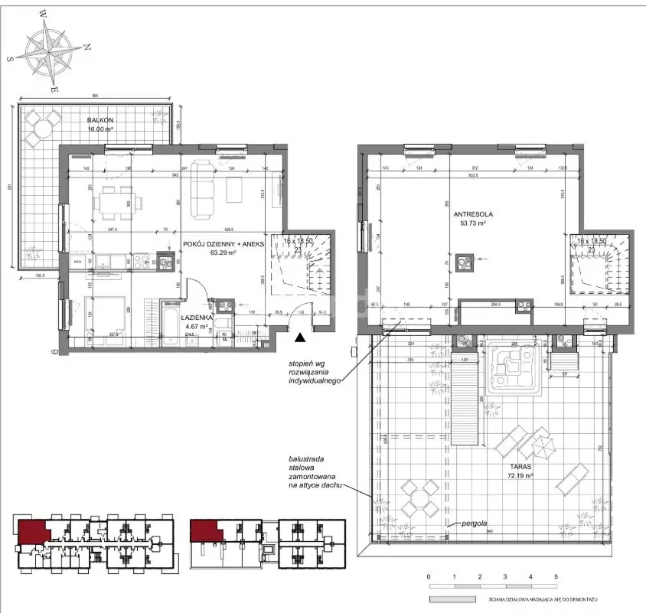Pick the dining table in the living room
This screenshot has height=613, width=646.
pos(119,202)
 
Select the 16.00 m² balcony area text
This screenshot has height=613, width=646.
pos(100,129)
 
